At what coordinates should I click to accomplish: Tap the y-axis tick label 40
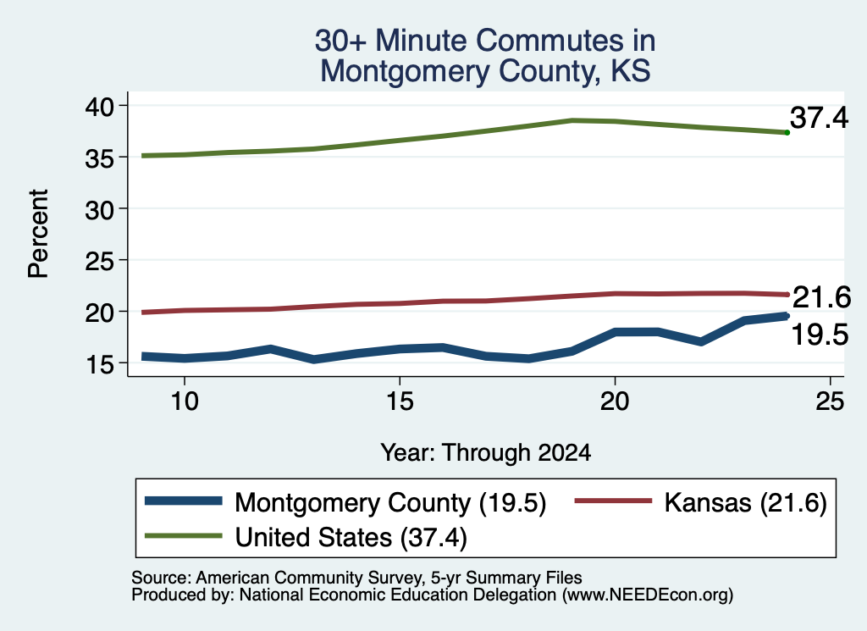[x=99, y=106]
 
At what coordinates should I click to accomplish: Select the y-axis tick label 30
[x=99, y=209]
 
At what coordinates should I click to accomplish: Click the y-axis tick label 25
[x=99, y=261]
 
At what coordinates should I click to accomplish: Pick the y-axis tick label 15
[x=99, y=364]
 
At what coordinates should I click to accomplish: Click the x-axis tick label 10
[x=184, y=401]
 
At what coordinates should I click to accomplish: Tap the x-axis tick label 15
[x=400, y=401]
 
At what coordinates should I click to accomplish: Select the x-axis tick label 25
[x=830, y=401]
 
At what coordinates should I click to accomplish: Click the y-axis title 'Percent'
[x=38, y=234]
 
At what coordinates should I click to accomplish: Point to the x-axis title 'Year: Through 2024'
[x=485, y=452]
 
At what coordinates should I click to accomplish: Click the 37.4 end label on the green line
[x=819, y=118]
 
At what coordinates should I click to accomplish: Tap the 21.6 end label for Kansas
[x=821, y=297]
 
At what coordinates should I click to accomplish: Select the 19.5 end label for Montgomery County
[x=820, y=335]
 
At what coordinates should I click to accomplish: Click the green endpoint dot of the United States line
[x=787, y=132]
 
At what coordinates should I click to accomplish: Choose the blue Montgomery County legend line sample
[x=184, y=501]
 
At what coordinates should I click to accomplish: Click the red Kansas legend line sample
[x=614, y=501]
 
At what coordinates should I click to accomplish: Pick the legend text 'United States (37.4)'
[x=351, y=538]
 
